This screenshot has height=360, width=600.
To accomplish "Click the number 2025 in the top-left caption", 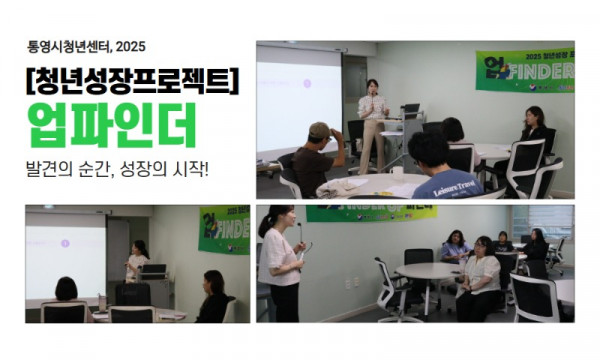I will [131, 44].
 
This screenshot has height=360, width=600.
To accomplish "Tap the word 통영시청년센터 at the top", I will [72, 44].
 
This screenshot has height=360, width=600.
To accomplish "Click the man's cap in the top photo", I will [319, 130].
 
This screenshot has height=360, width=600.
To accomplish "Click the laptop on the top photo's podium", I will [409, 110].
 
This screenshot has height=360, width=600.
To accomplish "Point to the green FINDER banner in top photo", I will [524, 73].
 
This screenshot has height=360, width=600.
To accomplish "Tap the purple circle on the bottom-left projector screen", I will [65, 241].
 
